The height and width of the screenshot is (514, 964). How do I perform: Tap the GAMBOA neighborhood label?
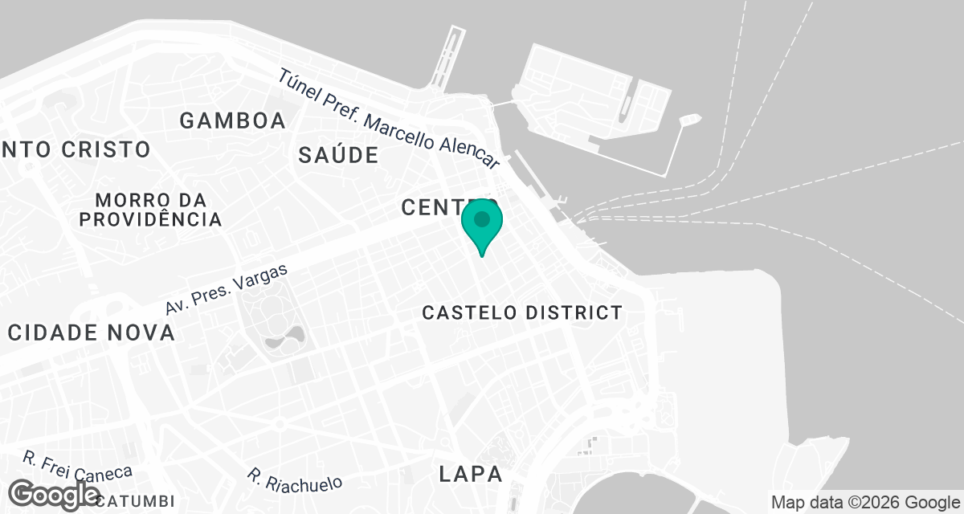coord(232,121)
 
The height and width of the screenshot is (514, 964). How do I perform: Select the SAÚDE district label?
coord(337,155)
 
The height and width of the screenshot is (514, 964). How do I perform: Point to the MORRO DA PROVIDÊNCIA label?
coord(150,209)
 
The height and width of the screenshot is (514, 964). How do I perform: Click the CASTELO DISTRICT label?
coord(522,312)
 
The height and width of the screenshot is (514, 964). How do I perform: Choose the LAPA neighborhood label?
coord(471,474)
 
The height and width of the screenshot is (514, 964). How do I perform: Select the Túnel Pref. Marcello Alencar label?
coord(390,120)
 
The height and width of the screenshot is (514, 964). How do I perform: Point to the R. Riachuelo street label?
coord(295,479)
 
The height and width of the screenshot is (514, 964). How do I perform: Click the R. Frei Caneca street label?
coord(78,468)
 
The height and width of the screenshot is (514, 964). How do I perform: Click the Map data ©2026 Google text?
coord(865,502)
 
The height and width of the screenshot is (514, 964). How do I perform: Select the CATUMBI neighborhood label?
coord(135,501)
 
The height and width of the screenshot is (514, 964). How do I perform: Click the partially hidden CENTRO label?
coord(434,207)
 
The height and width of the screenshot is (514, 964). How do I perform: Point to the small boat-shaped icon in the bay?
coord(689,120)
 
